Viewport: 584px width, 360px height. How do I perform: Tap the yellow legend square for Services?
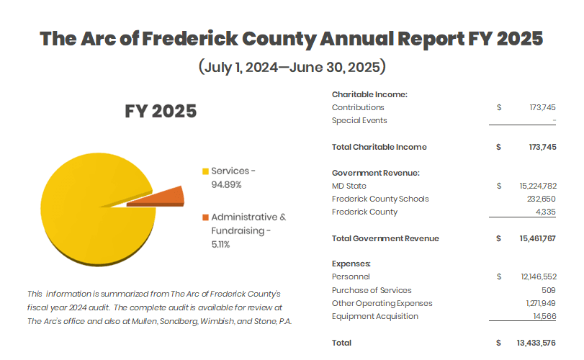pyautogui.click(x=205, y=171)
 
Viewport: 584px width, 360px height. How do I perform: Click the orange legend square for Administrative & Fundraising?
pyautogui.click(x=205, y=217)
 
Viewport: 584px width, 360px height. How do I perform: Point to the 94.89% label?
pyautogui.click(x=226, y=185)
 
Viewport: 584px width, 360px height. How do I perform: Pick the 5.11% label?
pyautogui.click(x=220, y=245)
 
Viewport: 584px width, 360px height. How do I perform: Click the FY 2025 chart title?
pyautogui.click(x=160, y=112)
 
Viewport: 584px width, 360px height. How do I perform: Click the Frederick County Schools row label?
pyautogui.click(x=379, y=199)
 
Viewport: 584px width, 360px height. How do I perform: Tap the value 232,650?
pyautogui.click(x=541, y=199)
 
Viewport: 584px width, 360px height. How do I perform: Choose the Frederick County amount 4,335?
pyautogui.click(x=545, y=212)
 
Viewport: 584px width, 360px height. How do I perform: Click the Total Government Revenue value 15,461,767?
pyautogui.click(x=536, y=238)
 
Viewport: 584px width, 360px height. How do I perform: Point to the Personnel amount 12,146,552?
pyautogui.click(x=537, y=276)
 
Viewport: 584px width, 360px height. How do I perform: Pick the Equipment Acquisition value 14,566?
pyautogui.click(x=544, y=316)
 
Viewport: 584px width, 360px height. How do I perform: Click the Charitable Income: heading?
pyautogui.click(x=369, y=94)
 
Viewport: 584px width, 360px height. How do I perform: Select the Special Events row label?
pyautogui.click(x=359, y=120)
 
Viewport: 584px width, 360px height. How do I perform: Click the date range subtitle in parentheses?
pyautogui.click(x=292, y=68)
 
